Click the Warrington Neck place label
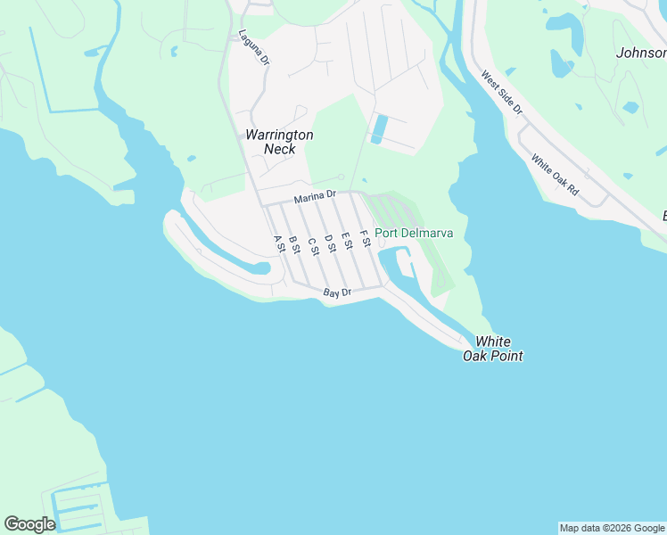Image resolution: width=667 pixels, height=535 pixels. (x=279, y=142)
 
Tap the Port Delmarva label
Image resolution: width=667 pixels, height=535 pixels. (x=414, y=234)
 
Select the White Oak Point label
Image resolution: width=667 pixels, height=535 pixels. (x=492, y=349)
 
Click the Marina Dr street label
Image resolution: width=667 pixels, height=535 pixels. (x=316, y=195)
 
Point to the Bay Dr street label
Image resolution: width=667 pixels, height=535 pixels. (x=338, y=292)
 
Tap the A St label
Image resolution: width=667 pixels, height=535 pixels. (x=279, y=243)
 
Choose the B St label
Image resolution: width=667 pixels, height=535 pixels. (x=294, y=243)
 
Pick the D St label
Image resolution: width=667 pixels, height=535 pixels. (x=330, y=243)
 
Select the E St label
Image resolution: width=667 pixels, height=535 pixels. (x=347, y=240)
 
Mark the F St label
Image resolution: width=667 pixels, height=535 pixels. (x=364, y=238)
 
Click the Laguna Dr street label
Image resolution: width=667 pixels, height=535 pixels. (x=247, y=48)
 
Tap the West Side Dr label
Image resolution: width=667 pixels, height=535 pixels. (x=502, y=93)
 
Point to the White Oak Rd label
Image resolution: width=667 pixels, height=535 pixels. (x=555, y=175)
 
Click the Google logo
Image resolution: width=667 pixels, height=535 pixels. (x=29, y=524)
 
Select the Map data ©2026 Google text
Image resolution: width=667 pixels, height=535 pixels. (x=612, y=528)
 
